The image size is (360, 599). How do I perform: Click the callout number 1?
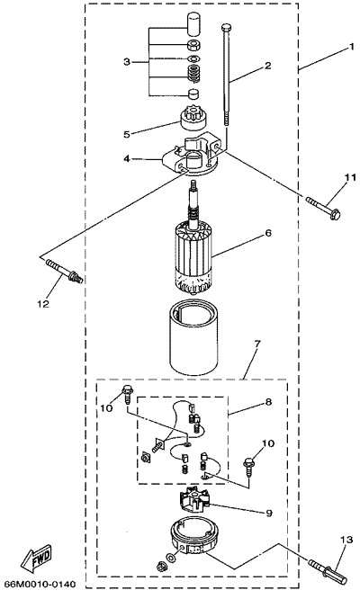351,48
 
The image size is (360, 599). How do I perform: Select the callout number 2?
267,66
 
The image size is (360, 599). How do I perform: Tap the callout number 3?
127,61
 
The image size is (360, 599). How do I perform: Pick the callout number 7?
256,344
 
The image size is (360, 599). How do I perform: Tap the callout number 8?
269,402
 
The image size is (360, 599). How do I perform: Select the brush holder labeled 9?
195,503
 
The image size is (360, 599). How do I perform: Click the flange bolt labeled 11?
323,208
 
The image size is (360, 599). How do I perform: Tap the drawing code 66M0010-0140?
40,585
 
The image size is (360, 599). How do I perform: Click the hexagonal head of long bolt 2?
226,27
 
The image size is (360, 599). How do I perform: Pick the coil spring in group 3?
194,73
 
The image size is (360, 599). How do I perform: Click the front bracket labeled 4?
191,155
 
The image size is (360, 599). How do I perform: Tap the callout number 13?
346,541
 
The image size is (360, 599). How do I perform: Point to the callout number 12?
43,304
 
